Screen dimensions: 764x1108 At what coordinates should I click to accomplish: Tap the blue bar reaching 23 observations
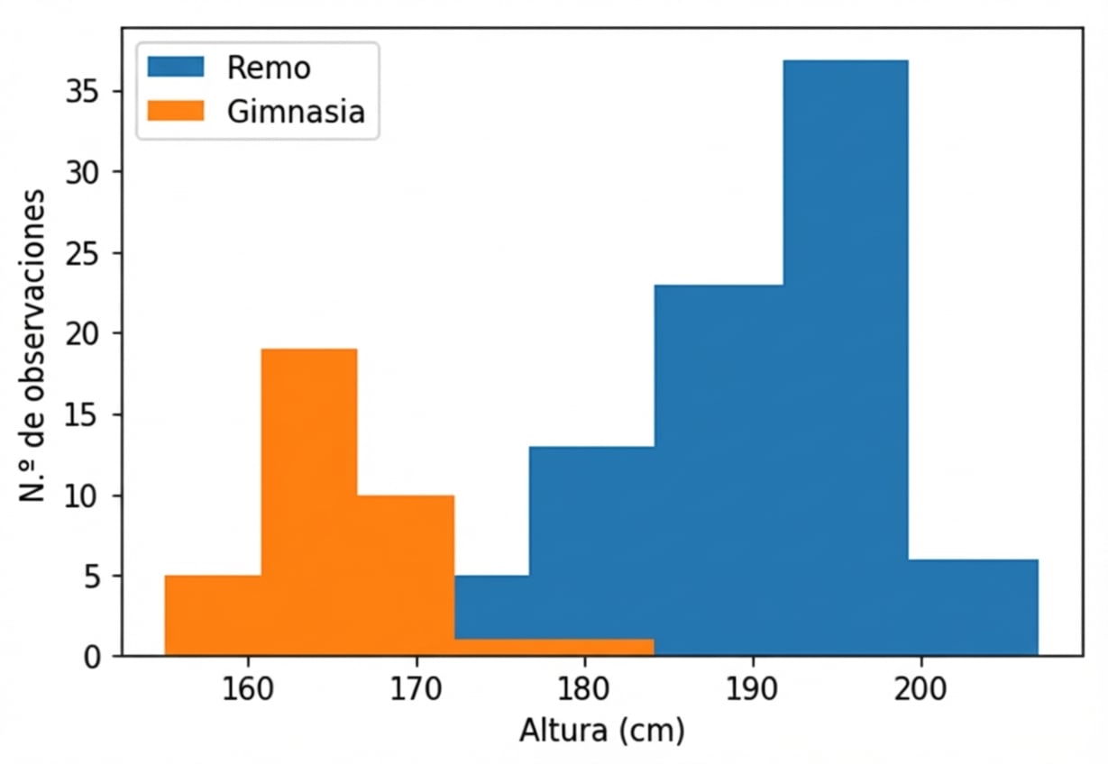click(x=718, y=469)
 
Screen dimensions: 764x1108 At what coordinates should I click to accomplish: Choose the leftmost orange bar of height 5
click(x=213, y=614)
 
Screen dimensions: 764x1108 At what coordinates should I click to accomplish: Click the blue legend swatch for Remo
click(x=177, y=67)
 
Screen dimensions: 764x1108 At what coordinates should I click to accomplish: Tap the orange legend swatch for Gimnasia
click(x=177, y=112)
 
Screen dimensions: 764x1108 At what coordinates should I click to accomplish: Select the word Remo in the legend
click(x=269, y=68)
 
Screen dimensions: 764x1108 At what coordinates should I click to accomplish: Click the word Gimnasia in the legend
click(x=296, y=113)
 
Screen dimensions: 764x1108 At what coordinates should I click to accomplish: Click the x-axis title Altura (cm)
click(x=601, y=730)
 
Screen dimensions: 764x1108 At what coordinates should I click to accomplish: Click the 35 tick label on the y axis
click(x=83, y=92)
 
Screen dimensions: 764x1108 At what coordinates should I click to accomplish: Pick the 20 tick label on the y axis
click(x=83, y=334)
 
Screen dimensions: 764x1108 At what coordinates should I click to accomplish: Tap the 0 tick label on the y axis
click(x=93, y=657)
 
